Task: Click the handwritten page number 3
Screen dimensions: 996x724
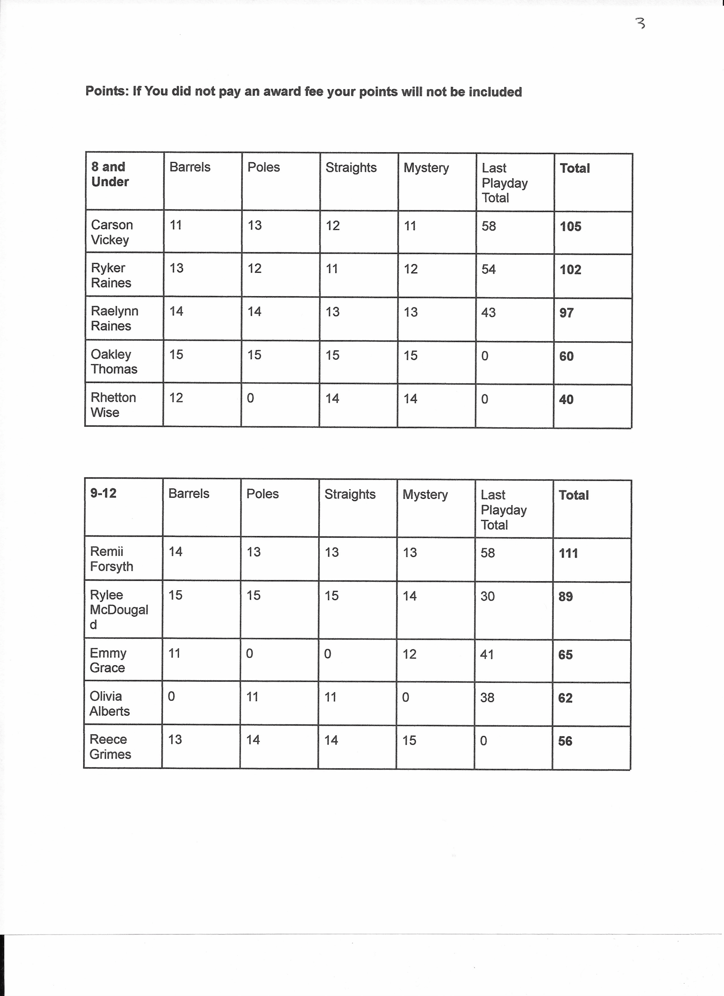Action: (641, 23)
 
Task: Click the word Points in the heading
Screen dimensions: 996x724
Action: (106, 91)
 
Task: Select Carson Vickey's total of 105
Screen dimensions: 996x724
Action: (570, 226)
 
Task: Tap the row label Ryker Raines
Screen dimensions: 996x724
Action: (110, 275)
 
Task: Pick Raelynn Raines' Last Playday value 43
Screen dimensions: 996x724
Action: (488, 313)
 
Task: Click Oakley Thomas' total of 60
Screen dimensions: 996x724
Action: (566, 356)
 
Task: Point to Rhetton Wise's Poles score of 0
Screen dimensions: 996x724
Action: (250, 398)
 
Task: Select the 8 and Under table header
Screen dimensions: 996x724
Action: (110, 174)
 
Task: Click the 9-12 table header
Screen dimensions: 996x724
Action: (103, 493)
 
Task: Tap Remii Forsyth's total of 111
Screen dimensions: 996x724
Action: (568, 553)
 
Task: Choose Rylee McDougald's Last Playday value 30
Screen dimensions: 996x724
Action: (487, 596)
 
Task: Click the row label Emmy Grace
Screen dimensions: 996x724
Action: (107, 661)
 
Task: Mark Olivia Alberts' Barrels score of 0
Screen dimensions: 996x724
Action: (171, 696)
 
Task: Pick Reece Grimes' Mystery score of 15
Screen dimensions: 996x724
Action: (409, 740)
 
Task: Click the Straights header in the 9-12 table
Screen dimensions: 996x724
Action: (350, 494)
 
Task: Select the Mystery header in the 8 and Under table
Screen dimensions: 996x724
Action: (426, 168)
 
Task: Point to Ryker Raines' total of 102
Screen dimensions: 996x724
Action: (570, 270)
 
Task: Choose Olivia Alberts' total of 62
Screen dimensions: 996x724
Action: (565, 698)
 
